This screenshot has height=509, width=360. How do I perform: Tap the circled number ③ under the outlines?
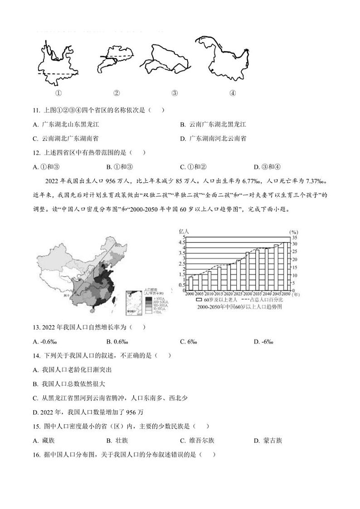175,93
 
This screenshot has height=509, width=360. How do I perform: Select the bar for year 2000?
190,283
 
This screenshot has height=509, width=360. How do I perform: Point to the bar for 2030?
248,271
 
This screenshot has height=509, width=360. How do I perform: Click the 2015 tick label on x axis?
219,294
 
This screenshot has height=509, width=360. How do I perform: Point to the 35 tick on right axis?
294,238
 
